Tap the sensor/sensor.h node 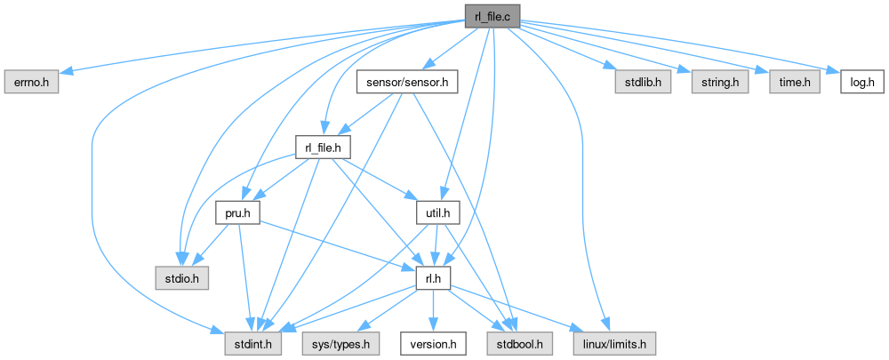click(406, 83)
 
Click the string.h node click(715, 83)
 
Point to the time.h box click(783, 83)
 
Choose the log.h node click(861, 83)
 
